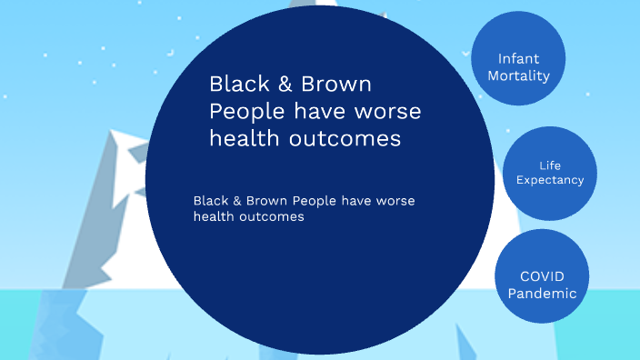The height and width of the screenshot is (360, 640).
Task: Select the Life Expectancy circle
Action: (549, 173)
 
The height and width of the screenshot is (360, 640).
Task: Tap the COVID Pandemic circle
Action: (541, 275)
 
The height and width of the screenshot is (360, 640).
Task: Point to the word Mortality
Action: (518, 75)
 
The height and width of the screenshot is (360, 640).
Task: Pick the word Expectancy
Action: (549, 180)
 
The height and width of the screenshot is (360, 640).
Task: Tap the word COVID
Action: (542, 275)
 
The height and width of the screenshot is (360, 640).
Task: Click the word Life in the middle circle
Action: (549, 165)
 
